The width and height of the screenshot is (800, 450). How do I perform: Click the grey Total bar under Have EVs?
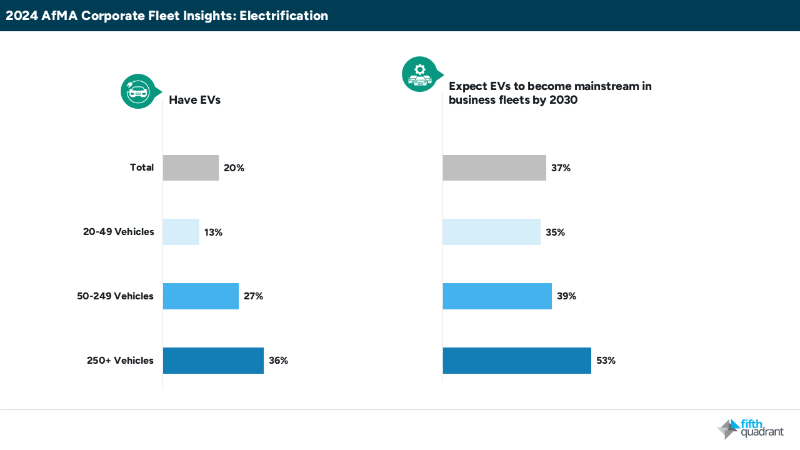tap(191, 167)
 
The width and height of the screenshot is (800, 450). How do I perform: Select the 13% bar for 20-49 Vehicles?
tap(181, 232)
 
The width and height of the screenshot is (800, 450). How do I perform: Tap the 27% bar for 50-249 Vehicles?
tap(201, 296)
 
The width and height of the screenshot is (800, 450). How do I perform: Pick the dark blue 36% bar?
tap(213, 361)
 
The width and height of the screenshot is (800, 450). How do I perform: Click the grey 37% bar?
tap(494, 167)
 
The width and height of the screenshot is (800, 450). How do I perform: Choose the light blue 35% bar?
tap(491, 232)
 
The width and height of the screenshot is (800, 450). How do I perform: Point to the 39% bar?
tap(497, 296)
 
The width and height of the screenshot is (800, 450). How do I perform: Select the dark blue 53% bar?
tap(516, 361)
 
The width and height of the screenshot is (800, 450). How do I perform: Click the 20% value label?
tap(234, 168)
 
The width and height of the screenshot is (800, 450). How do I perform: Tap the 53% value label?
tap(606, 361)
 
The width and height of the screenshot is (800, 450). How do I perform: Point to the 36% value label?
tap(278, 361)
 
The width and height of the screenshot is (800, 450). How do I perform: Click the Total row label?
tap(142, 167)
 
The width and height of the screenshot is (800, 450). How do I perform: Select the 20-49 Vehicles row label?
tap(118, 232)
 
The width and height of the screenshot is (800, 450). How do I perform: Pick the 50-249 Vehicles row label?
tap(115, 296)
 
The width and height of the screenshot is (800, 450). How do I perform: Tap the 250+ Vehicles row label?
tap(120, 361)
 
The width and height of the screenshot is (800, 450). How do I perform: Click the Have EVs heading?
tap(194, 99)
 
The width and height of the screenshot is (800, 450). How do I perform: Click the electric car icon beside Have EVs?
tap(137, 91)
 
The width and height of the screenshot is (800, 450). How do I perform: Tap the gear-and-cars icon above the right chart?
tap(419, 74)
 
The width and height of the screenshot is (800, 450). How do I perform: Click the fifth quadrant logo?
tap(751, 428)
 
